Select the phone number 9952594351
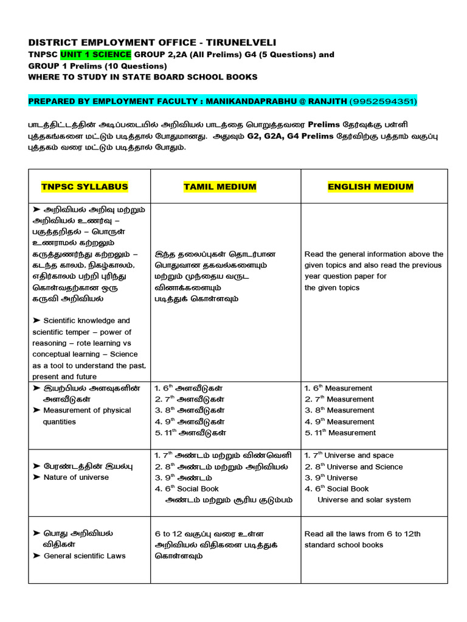(x=382, y=100)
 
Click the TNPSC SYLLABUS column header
(x=85, y=186)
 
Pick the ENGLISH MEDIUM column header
(x=370, y=186)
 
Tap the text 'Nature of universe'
(x=76, y=477)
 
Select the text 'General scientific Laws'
(x=85, y=556)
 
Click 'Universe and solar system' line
(x=364, y=500)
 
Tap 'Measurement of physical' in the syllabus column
(x=87, y=410)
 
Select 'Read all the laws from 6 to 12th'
(x=362, y=534)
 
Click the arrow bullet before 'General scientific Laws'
(x=36, y=556)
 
